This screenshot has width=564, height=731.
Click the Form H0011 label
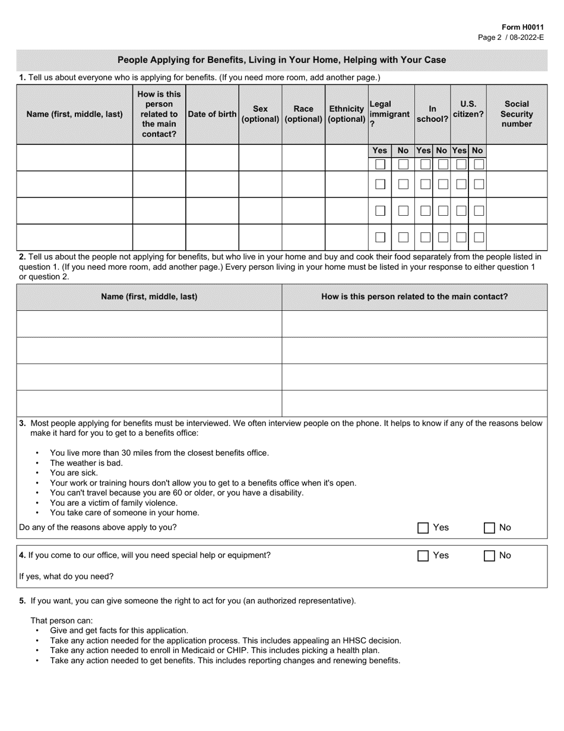click(x=522, y=27)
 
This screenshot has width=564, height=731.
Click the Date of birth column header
click(x=212, y=114)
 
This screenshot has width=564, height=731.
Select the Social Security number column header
click(x=517, y=114)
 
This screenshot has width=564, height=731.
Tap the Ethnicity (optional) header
click(x=346, y=114)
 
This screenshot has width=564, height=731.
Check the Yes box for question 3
click(x=423, y=528)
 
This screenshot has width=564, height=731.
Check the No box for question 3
click(x=490, y=528)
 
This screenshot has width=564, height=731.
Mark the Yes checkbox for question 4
click(x=423, y=556)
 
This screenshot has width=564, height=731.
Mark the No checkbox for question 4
click(x=490, y=556)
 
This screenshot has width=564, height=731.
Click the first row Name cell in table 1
click(x=74, y=158)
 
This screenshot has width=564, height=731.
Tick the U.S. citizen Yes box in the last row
click(x=461, y=237)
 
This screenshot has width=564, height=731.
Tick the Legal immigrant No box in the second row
click(x=403, y=184)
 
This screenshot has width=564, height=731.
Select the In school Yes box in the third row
click(x=425, y=211)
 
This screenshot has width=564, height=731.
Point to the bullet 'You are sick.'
click(x=74, y=473)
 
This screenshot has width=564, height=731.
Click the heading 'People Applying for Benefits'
click(x=281, y=60)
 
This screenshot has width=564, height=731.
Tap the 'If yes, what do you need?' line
click(x=66, y=576)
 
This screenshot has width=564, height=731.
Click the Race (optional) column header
click(x=303, y=114)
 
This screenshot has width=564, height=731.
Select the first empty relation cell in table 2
click(x=414, y=324)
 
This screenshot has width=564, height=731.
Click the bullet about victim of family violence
click(x=113, y=503)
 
